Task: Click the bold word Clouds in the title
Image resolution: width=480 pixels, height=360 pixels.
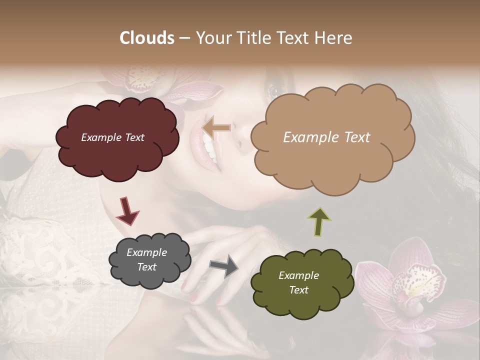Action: [147, 37]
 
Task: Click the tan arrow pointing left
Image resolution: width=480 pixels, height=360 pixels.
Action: [216, 128]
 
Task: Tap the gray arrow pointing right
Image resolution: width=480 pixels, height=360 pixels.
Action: [224, 265]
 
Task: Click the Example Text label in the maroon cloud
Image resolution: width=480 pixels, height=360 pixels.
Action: [112, 137]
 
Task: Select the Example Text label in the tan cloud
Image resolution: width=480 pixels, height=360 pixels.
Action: [326, 137]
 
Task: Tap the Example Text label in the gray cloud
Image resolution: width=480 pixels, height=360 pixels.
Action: [146, 259]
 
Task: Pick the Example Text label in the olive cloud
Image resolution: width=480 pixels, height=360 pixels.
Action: [298, 282]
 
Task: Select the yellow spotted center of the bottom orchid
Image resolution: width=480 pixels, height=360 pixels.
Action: [417, 277]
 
